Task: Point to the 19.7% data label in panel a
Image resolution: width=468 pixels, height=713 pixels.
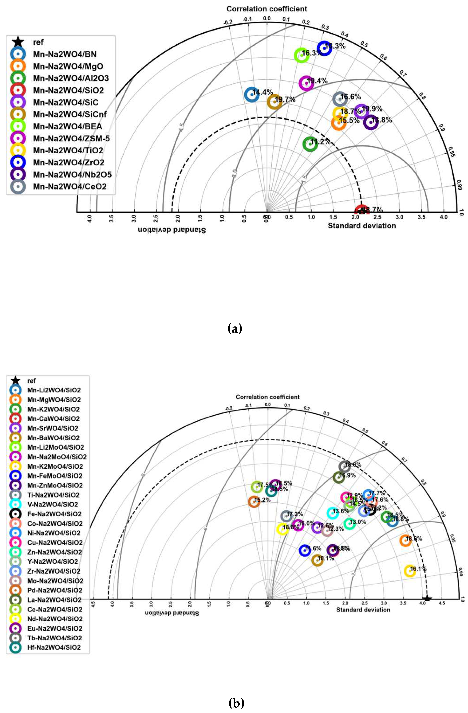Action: [x=285, y=99]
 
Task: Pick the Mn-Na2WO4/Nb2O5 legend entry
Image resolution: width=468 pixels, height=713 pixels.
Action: [x=72, y=174]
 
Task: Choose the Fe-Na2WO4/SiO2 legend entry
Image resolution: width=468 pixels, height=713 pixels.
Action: [x=54, y=514]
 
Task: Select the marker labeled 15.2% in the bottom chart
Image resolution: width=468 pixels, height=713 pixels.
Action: [x=254, y=502]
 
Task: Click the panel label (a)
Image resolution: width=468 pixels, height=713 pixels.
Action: [x=235, y=329]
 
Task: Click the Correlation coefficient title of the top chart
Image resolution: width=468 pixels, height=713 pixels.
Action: [x=267, y=9]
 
